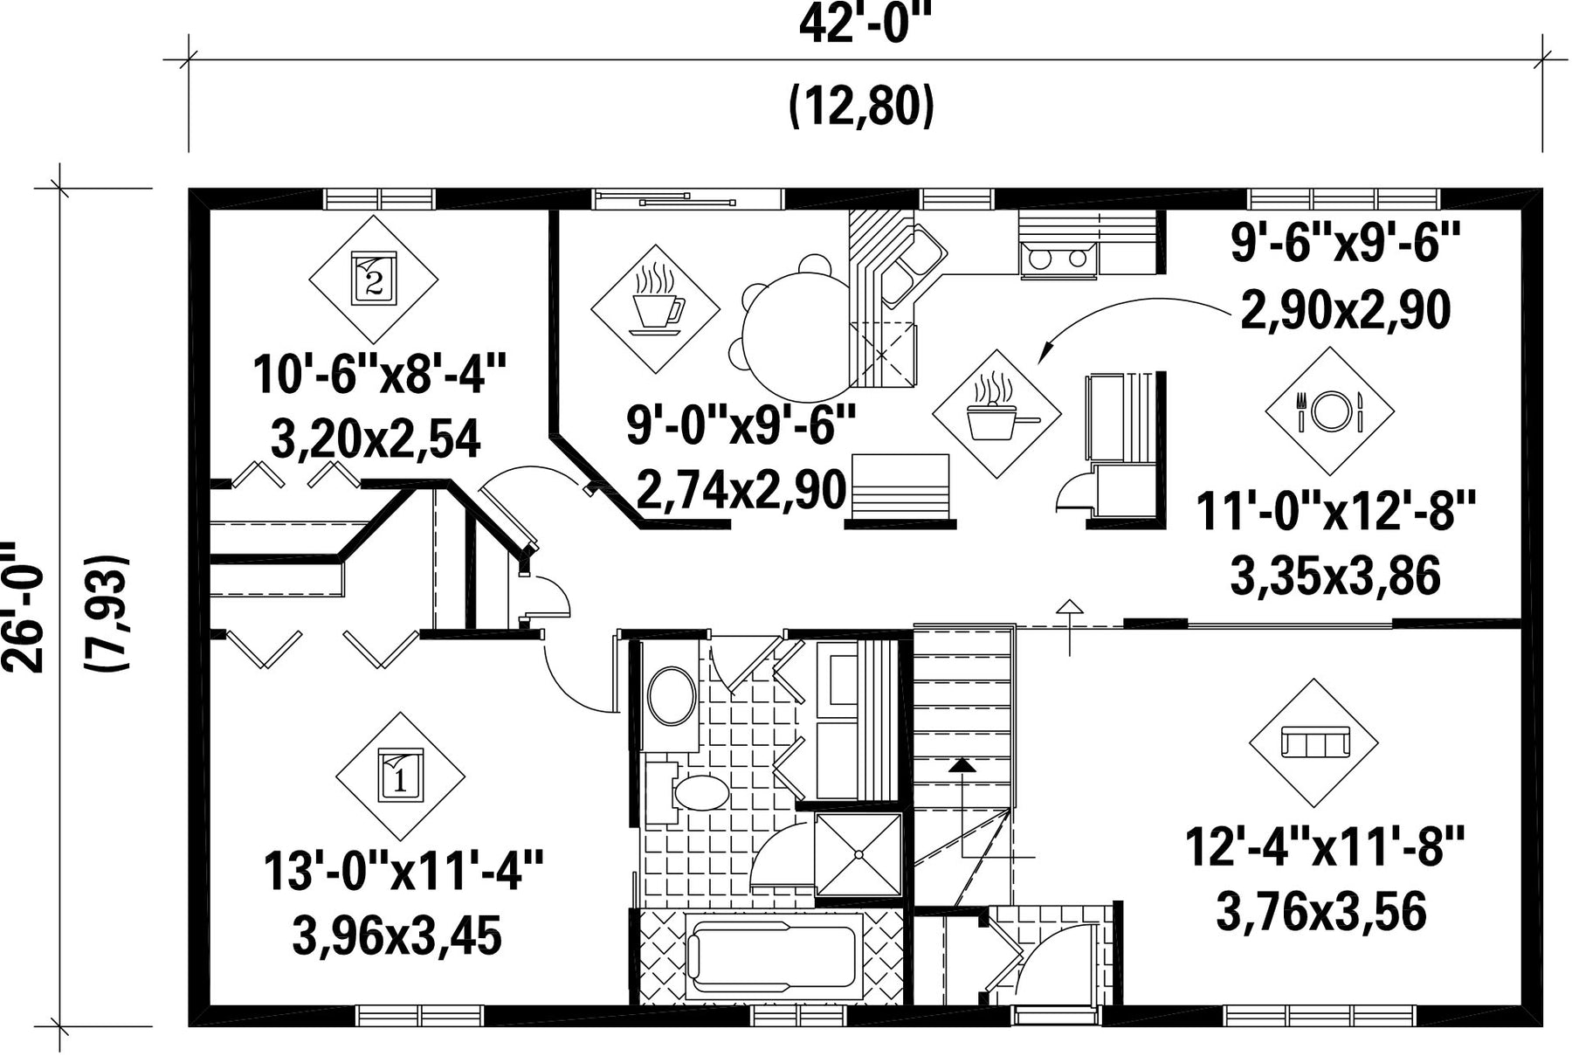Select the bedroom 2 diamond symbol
pos(374,280)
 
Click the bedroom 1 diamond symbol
pos(401,776)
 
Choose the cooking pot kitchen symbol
pos(997,413)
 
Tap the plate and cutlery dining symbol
pos(1330,411)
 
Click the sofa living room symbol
pos(1314,742)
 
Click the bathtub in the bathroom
pos(773,956)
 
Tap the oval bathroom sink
pos(672,696)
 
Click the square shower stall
pos(858,855)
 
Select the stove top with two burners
pos(1058,259)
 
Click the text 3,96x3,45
pos(396,936)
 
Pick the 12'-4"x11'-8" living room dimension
pos(1323,846)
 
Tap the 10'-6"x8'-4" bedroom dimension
pos(380,374)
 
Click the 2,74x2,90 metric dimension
pos(741,490)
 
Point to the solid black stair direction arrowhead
pos(962,765)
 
